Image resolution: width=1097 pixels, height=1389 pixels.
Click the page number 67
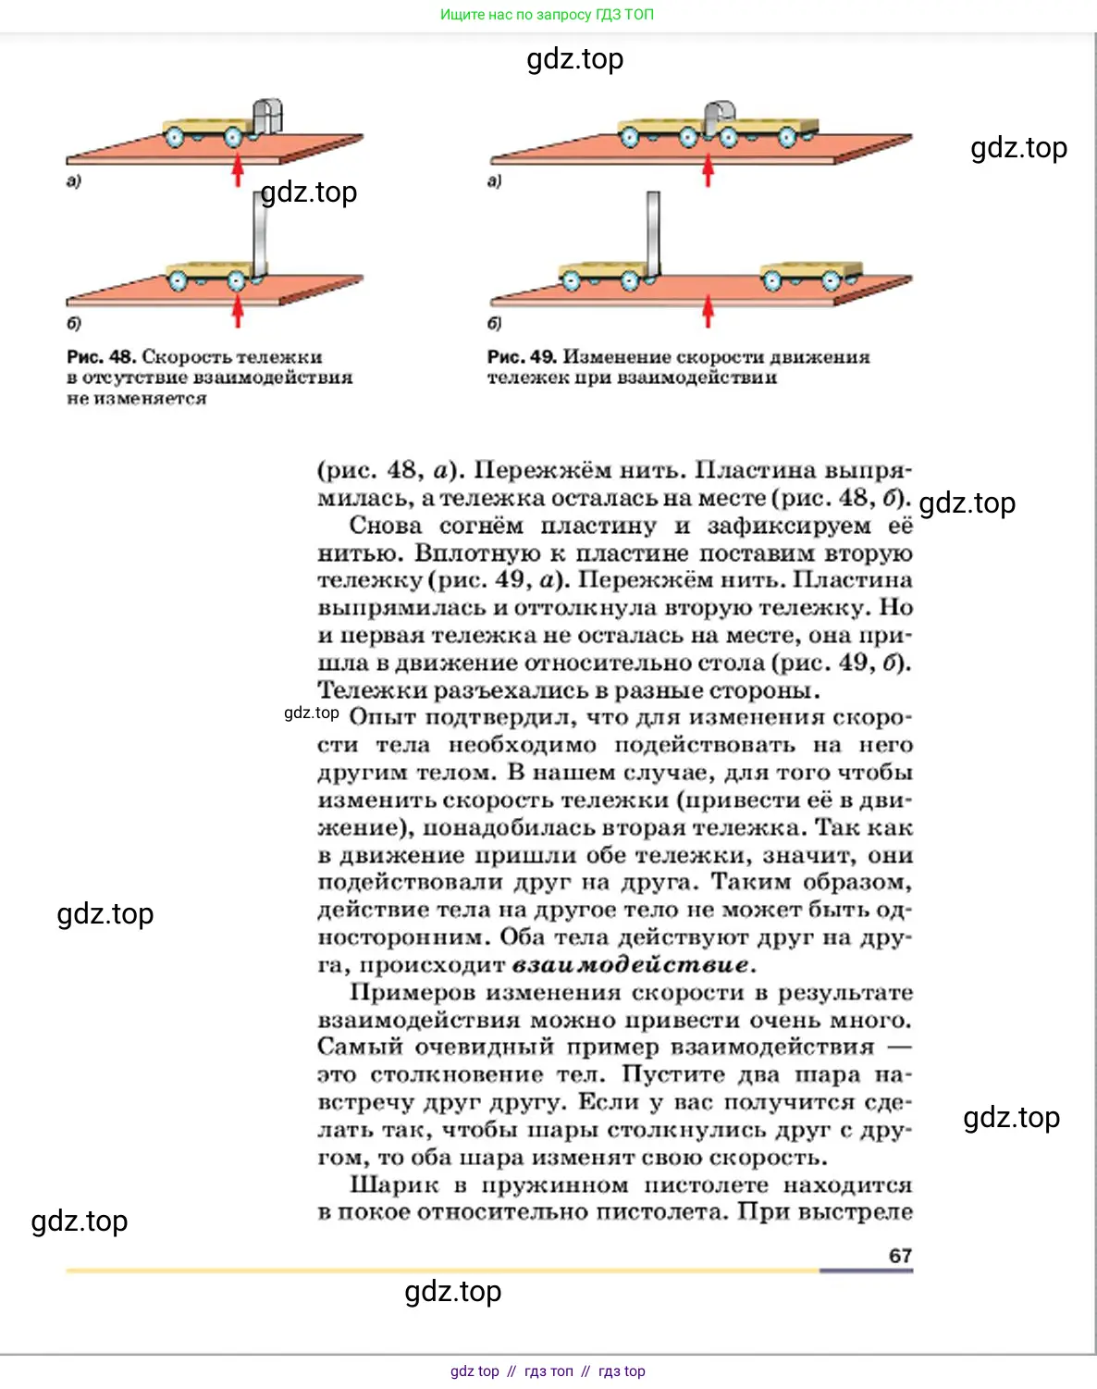pos(900,1255)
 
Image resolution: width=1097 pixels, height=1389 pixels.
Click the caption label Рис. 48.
pos(101,356)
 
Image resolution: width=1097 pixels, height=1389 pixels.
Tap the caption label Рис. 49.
pos(522,356)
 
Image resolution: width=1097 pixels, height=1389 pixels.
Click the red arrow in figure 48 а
pos(238,170)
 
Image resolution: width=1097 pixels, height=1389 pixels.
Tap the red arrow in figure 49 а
pos(709,170)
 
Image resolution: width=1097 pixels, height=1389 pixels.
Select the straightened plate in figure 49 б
pos(654,231)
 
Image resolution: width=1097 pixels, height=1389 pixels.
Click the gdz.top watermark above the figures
pos(574,59)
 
